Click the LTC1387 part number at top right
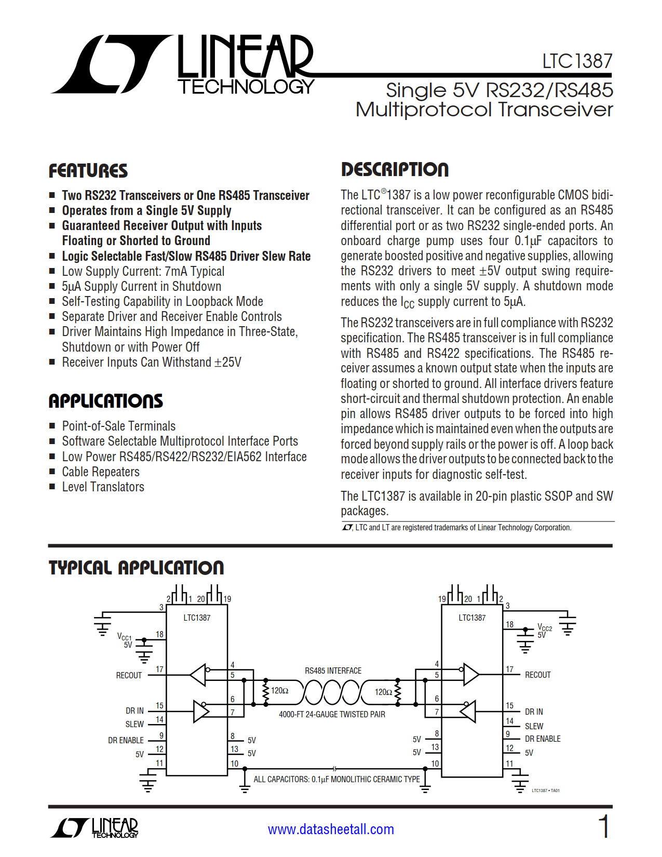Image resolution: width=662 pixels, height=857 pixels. point(577,61)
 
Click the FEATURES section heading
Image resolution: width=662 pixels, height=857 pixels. point(88,171)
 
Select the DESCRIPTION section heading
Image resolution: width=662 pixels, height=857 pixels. point(395,169)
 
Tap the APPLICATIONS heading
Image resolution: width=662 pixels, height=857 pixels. point(105,401)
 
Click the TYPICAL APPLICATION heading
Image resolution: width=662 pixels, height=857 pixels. point(136,568)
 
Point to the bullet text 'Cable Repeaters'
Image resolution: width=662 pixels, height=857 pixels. point(101,472)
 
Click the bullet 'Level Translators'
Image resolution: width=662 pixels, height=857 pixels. point(103,487)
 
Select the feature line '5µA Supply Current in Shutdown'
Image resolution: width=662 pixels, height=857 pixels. point(141,286)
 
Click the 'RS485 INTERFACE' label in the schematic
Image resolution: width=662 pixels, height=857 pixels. point(333,671)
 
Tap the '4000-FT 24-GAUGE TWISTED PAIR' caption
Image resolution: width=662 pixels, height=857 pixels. point(332,714)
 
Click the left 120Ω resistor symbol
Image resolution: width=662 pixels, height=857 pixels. point(266,692)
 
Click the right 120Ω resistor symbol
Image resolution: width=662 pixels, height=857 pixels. point(398,692)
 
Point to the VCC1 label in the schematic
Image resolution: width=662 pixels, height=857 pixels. point(125,636)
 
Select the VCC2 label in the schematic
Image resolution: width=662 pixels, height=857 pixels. point(545,627)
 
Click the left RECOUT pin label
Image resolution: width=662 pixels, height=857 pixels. point(129,675)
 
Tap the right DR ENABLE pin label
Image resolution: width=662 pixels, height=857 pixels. point(543,739)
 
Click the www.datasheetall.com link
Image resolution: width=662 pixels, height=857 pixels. point(331,829)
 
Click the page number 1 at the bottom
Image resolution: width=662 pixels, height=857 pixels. point(604,826)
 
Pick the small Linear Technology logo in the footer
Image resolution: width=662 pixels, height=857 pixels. point(94,827)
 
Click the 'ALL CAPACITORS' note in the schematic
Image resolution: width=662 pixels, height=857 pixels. point(336,779)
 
